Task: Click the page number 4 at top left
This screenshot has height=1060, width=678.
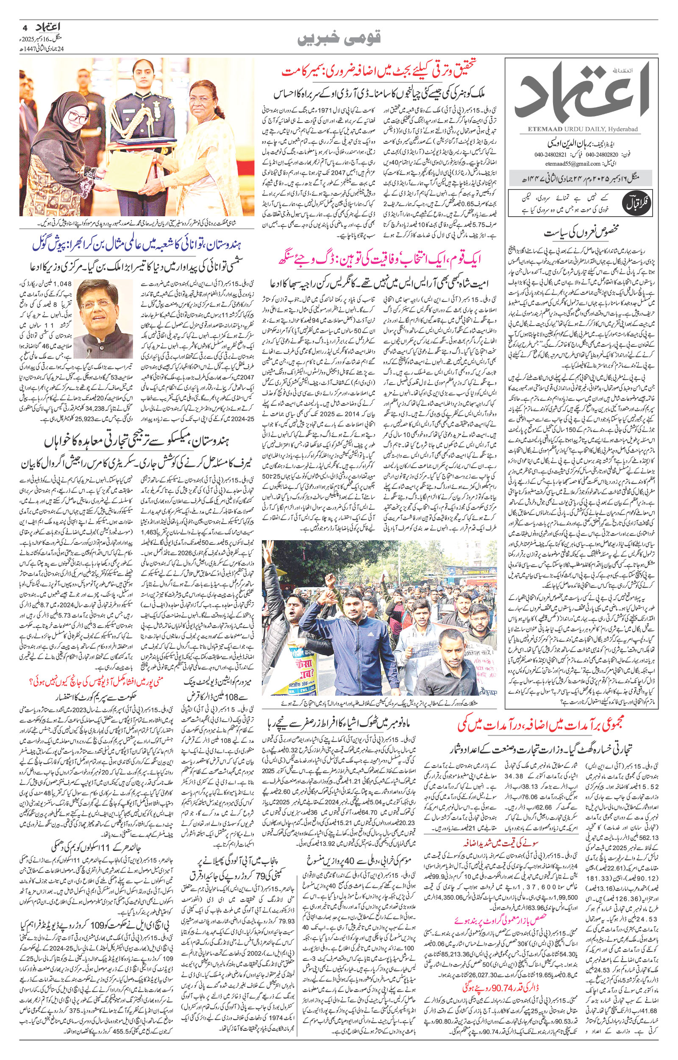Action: pyautogui.click(x=24, y=27)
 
